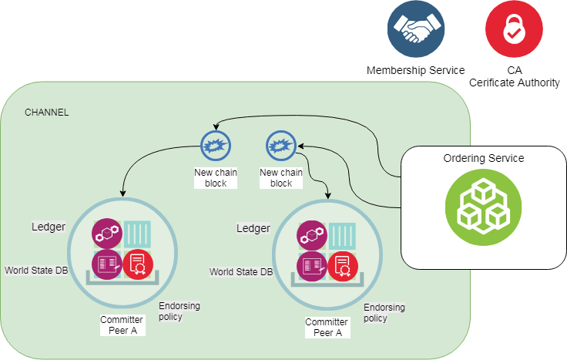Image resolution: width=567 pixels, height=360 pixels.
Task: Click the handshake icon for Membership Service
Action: pos(416,29)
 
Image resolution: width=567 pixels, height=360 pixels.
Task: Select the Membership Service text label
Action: pos(415,70)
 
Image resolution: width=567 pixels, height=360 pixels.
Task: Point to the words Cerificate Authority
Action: pos(514,82)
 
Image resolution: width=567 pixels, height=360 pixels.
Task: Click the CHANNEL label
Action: pos(47,113)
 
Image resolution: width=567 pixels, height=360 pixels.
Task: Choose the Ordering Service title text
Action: pos(483,158)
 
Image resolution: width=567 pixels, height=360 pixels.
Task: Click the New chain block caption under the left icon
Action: pos(216,178)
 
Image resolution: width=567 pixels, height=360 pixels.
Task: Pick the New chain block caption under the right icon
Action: pos(281,178)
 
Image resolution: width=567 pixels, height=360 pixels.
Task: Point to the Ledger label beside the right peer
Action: pos(253,228)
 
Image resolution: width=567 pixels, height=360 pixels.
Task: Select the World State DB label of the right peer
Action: pos(241,271)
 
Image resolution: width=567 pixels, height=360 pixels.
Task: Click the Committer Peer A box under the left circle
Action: pos(122,325)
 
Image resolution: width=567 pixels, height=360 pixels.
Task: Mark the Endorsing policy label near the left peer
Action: pos(179,311)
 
